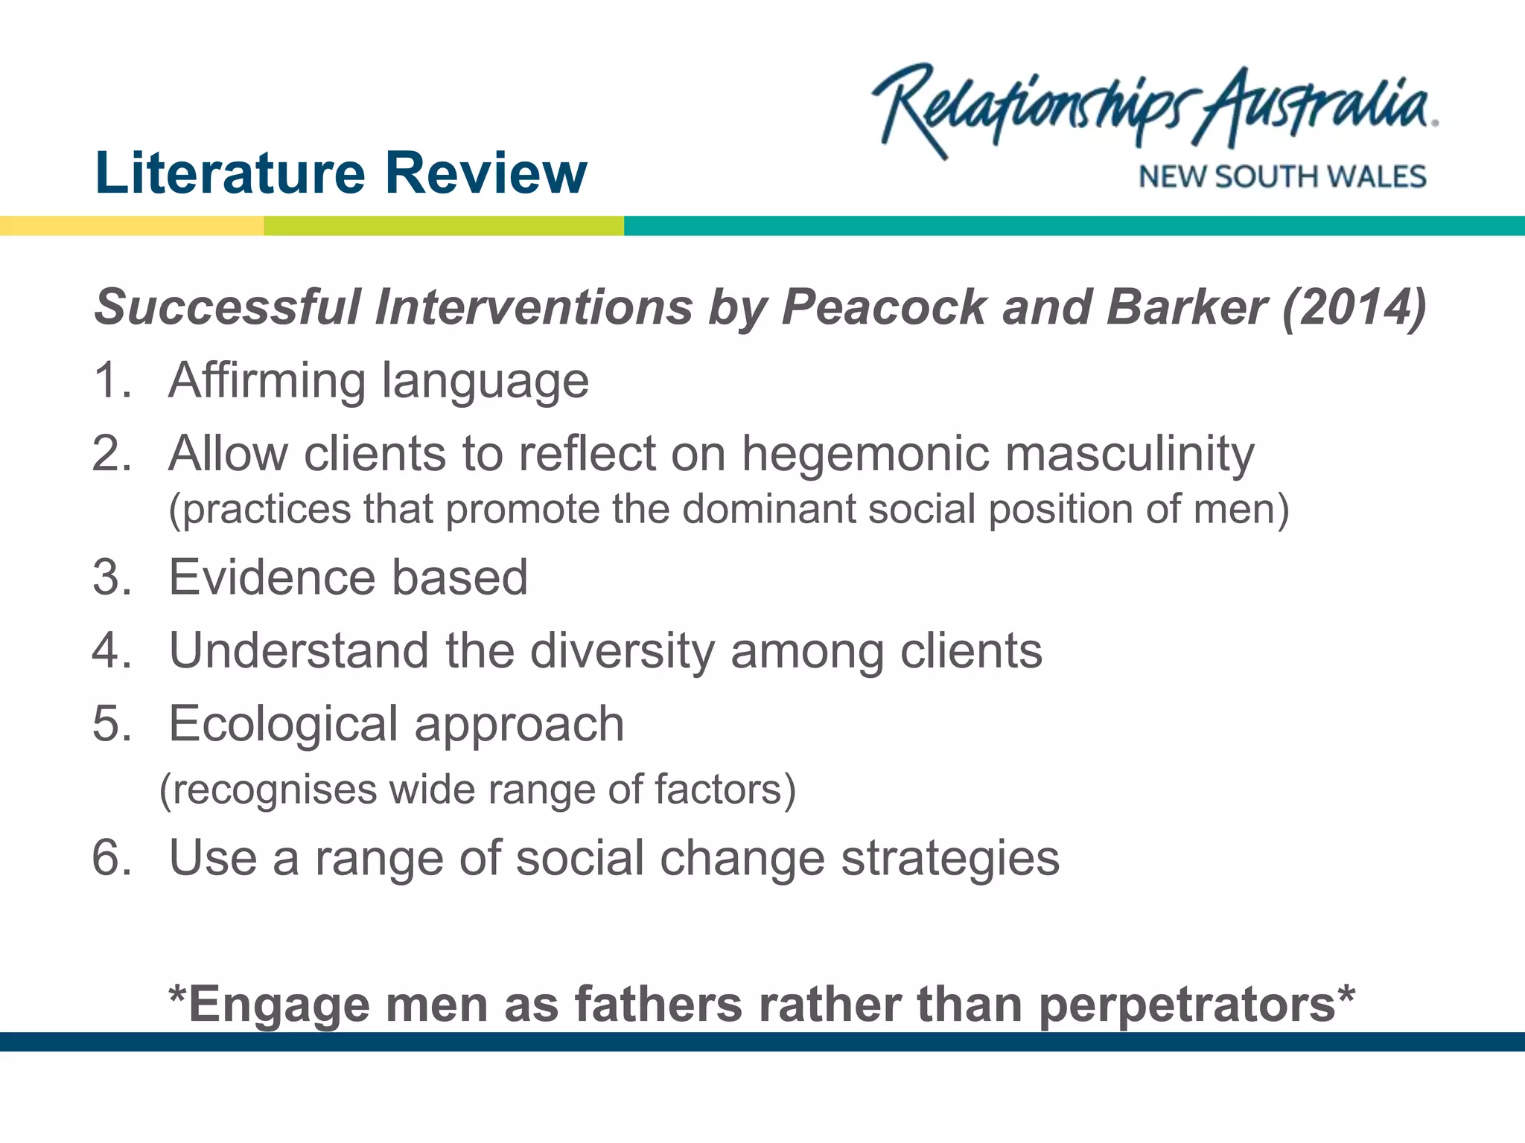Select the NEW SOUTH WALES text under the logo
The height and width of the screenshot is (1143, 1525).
click(1282, 177)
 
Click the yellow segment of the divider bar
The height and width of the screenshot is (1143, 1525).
click(131, 225)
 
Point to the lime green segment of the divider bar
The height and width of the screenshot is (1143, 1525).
click(444, 225)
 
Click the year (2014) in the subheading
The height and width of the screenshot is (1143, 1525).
click(1354, 307)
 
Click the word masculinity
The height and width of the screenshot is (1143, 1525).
click(1130, 454)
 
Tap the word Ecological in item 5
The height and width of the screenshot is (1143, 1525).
click(283, 724)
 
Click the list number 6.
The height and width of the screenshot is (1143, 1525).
click(112, 857)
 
